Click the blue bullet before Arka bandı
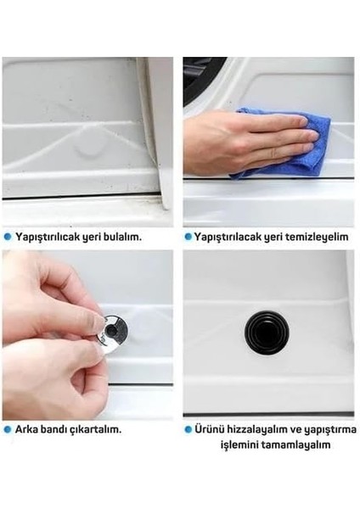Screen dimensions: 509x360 (x=8, y=429)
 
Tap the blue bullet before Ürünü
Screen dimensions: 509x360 (x=188, y=429)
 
